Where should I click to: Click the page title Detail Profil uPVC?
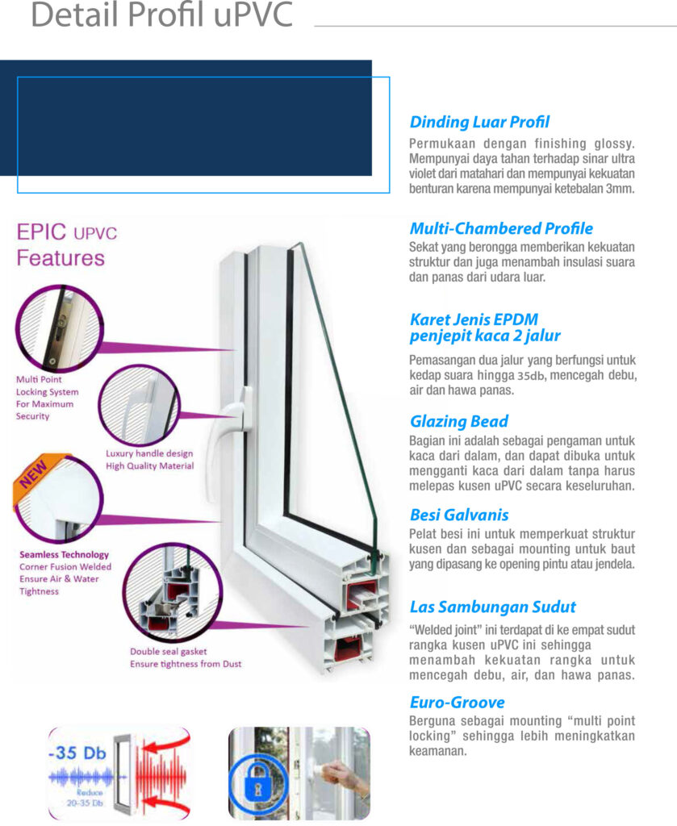[161, 16]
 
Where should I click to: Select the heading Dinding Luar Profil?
[479, 123]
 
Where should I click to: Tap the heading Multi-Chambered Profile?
[501, 228]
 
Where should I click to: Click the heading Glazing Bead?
[459, 421]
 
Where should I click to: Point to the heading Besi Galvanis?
[459, 515]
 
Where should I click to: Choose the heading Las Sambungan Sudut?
[492, 607]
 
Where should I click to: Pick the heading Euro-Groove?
[457, 702]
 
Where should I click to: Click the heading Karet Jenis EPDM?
[474, 319]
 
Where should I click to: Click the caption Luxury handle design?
[149, 453]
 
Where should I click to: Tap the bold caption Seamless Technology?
[64, 555]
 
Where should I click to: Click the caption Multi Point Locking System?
[45, 391]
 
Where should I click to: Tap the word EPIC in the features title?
[43, 235]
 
